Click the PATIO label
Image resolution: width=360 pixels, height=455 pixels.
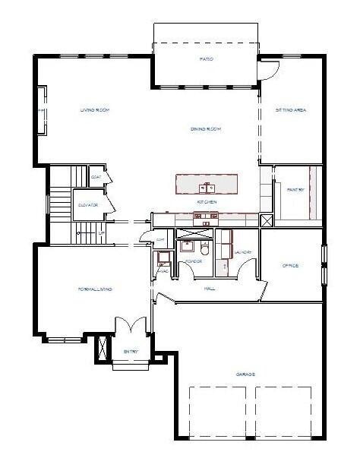[x=206, y=58]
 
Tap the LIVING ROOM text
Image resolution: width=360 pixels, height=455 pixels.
[x=96, y=111]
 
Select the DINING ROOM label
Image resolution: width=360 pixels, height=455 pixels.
[x=205, y=129]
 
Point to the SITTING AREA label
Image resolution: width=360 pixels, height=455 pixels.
[x=291, y=111]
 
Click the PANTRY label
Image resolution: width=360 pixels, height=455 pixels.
[x=297, y=189]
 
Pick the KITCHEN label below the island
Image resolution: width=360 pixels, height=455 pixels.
[x=207, y=202]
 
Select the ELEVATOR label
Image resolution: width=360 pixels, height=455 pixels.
[x=86, y=205]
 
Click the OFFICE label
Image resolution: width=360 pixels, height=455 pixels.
[x=290, y=265]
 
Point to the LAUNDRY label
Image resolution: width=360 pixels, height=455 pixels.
[x=242, y=252]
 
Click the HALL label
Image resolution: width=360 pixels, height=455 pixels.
[x=210, y=288]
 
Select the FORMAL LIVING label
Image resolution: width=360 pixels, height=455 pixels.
[x=96, y=289]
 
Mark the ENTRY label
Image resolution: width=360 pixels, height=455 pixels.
[x=131, y=351]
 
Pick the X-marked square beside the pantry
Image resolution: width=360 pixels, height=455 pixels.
[x=266, y=220]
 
